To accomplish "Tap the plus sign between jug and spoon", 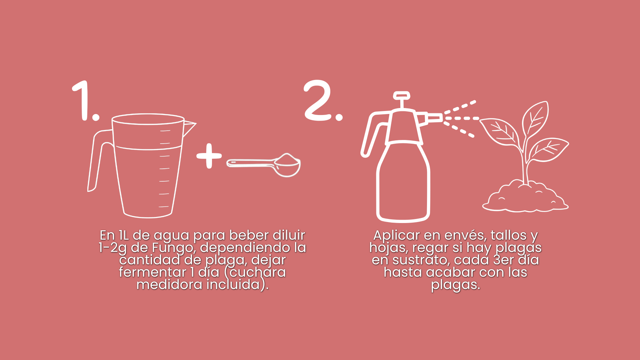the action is pyautogui.click(x=209, y=156).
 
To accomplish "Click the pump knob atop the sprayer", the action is pyautogui.click(x=401, y=96).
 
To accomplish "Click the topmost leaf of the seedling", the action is pyautogui.click(x=535, y=119).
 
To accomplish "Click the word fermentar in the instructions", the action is pyautogui.click(x=153, y=272).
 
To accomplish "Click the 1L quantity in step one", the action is pyautogui.click(x=124, y=235).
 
